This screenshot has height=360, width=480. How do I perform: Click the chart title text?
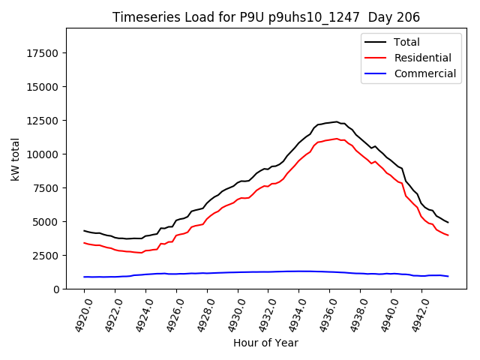click(x=266, y=17)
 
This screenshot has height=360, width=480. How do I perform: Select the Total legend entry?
click(x=406, y=42)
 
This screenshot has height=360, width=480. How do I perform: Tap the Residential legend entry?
click(x=422, y=58)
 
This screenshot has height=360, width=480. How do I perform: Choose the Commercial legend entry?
click(x=424, y=73)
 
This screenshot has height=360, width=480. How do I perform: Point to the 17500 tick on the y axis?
click(x=44, y=53)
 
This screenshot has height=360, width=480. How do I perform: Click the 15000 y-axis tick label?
click(x=44, y=87)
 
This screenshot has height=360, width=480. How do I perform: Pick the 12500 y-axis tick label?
click(x=44, y=121)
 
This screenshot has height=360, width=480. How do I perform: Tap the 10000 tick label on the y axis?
click(x=44, y=154)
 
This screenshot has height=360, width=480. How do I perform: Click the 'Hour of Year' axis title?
click(x=265, y=343)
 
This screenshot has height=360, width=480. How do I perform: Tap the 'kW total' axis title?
click(x=15, y=158)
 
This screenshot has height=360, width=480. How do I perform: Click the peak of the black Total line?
click(x=337, y=121)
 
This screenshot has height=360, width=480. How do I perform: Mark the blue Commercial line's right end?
click(x=448, y=277)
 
